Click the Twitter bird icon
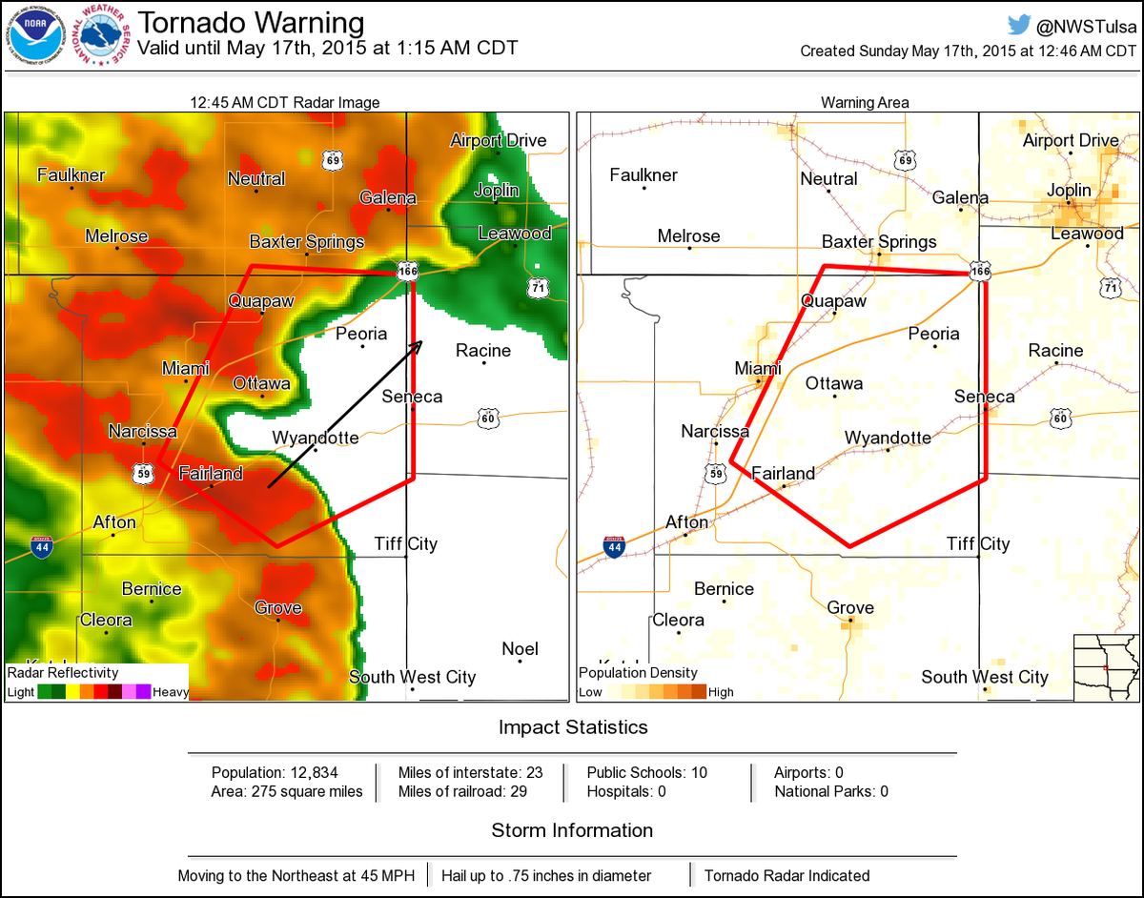pyautogui.click(x=1019, y=25)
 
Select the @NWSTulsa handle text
pyautogui.click(x=1086, y=26)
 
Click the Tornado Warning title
pyautogui.click(x=251, y=23)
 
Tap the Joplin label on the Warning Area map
pyautogui.click(x=1069, y=190)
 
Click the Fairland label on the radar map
pyautogui.click(x=211, y=473)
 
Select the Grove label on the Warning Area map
pyautogui.click(x=850, y=607)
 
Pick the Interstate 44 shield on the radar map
pyautogui.click(x=41, y=547)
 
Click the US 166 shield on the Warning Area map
pyautogui.click(x=979, y=273)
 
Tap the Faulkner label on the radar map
pyautogui.click(x=71, y=174)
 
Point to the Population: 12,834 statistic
pyautogui.click(x=275, y=772)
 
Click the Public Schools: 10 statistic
pyautogui.click(x=646, y=772)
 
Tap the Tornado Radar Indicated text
pyautogui.click(x=786, y=875)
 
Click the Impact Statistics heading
pyautogui.click(x=573, y=727)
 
